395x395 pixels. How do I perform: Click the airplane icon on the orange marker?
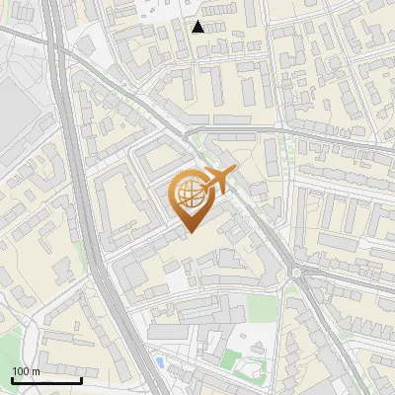tap(213, 182)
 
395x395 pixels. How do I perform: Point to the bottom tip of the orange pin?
tap(189, 232)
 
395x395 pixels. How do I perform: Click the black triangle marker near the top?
tap(198, 27)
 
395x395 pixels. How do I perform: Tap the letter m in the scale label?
tap(37, 371)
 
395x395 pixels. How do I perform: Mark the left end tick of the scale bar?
tap(12, 379)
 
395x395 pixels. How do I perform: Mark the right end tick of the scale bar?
tap(81, 379)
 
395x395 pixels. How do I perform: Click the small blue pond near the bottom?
tap(159, 362)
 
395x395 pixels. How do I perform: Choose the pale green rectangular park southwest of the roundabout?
tap(260, 308)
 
